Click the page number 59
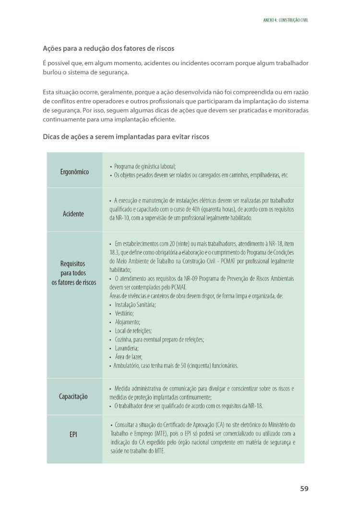click(x=304, y=488)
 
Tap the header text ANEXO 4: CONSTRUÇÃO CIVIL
click(x=286, y=21)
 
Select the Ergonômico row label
click(x=74, y=172)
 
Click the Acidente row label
click(x=73, y=213)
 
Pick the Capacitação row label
click(x=73, y=397)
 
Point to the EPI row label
click(x=73, y=435)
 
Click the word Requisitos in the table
click(x=73, y=264)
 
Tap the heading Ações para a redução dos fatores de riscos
click(x=108, y=49)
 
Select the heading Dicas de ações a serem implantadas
click(x=126, y=137)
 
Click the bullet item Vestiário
click(x=124, y=313)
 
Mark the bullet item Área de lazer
click(x=129, y=356)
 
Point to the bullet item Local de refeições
click(x=133, y=331)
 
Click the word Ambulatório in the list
click(x=128, y=365)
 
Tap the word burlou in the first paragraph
click(x=52, y=72)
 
